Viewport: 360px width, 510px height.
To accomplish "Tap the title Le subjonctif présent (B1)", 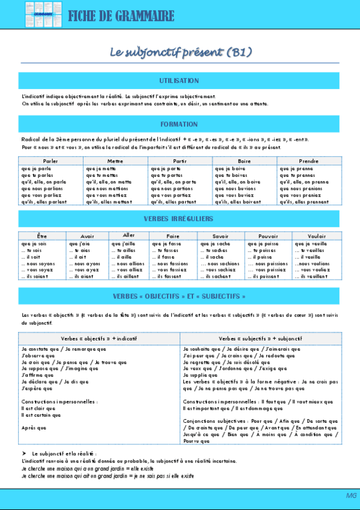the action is (x=180, y=52).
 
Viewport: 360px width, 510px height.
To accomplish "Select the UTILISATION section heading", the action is (x=179, y=80).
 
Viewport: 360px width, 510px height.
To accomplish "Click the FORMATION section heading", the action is (x=179, y=124).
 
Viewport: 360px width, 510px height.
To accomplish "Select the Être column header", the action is (x=42, y=236).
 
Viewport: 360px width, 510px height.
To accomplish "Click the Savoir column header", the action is (x=221, y=236).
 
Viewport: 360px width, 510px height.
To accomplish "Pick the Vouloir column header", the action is (x=316, y=236).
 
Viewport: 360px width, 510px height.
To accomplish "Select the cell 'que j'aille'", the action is (x=124, y=244).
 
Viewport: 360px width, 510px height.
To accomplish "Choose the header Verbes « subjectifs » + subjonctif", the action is (x=260, y=339).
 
